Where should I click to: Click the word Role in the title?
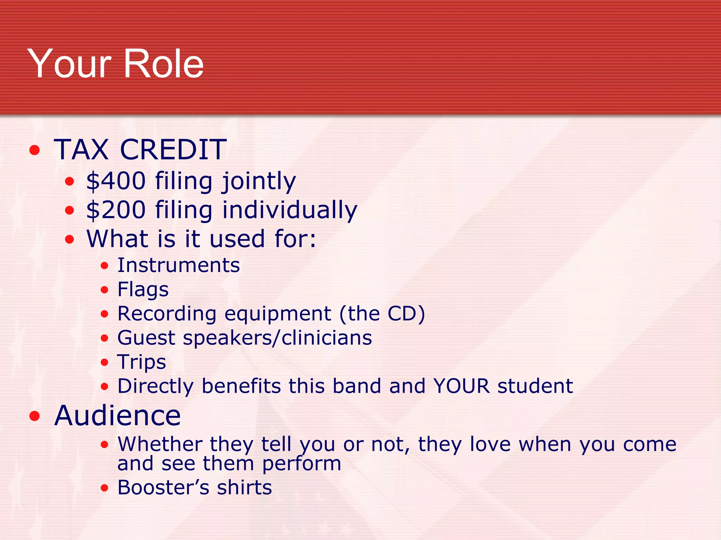(x=164, y=64)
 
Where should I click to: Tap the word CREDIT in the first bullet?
(x=173, y=149)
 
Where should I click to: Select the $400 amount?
(x=116, y=181)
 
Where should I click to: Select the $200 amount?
(x=116, y=210)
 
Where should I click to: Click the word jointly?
(x=259, y=181)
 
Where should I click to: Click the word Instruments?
(x=178, y=265)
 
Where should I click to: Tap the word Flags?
(x=143, y=290)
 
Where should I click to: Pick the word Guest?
(x=146, y=338)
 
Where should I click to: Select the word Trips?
(x=142, y=362)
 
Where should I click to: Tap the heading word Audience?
(x=118, y=416)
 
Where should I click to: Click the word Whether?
(x=160, y=444)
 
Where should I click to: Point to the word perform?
(x=302, y=464)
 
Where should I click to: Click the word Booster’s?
(x=163, y=488)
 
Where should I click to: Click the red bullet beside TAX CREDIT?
(x=35, y=150)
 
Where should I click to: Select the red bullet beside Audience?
(x=35, y=416)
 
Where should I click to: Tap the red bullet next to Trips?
(x=104, y=362)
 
